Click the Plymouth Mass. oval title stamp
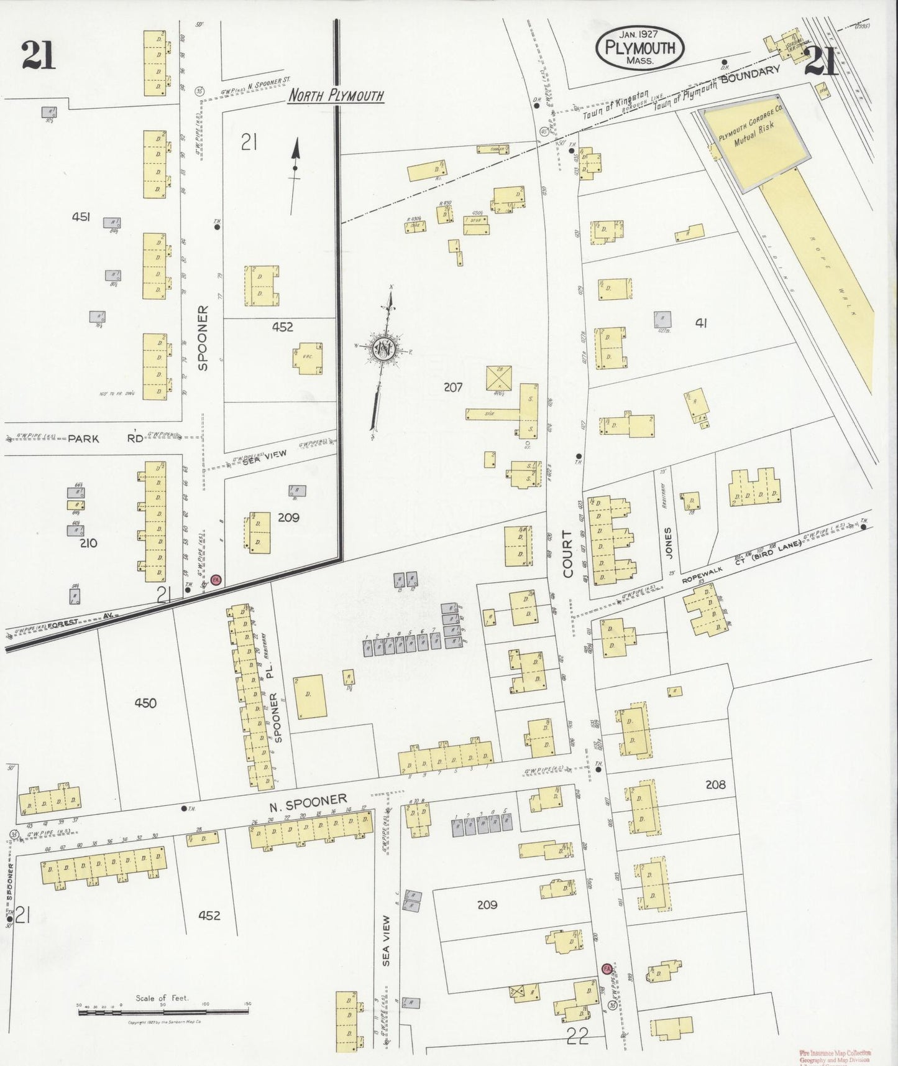[x=639, y=49]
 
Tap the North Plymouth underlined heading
[x=336, y=96]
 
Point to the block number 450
[x=145, y=703]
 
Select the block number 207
[x=452, y=387]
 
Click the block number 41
[x=701, y=323]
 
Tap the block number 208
[x=715, y=784]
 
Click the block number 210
[x=88, y=543]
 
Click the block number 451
[x=81, y=216]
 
